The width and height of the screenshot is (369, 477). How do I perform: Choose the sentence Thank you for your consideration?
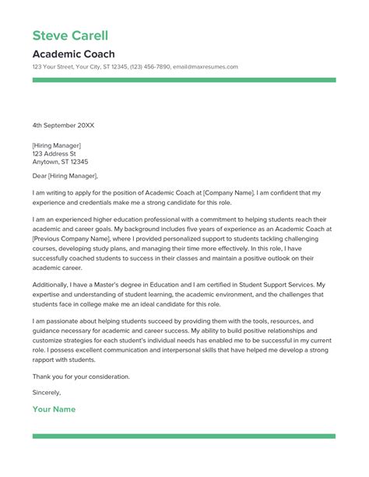click(81, 377)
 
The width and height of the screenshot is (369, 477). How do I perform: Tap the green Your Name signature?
click(54, 409)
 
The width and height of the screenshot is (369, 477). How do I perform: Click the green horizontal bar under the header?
click(184, 79)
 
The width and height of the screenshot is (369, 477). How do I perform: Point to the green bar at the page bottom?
click(184, 437)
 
